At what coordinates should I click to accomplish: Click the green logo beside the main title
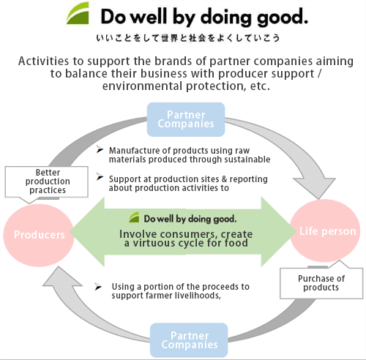tap(78, 13)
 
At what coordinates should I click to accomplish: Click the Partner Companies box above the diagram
tap(186, 119)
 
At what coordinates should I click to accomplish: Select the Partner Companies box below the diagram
tap(189, 340)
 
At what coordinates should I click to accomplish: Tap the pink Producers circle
tap(39, 235)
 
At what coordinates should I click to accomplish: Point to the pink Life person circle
tap(325, 230)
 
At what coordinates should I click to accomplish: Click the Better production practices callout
tap(46, 182)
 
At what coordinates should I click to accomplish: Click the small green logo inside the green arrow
tap(134, 217)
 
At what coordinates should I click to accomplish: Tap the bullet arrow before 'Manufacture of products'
tap(100, 149)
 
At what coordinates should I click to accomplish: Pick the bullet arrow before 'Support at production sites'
tap(100, 176)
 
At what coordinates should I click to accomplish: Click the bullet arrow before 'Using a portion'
tap(98, 287)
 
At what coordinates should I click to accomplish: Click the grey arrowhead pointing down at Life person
tap(315, 188)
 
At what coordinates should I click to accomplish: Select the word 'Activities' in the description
tap(44, 61)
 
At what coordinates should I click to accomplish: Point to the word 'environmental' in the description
tap(143, 86)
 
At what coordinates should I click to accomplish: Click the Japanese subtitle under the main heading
tap(187, 38)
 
